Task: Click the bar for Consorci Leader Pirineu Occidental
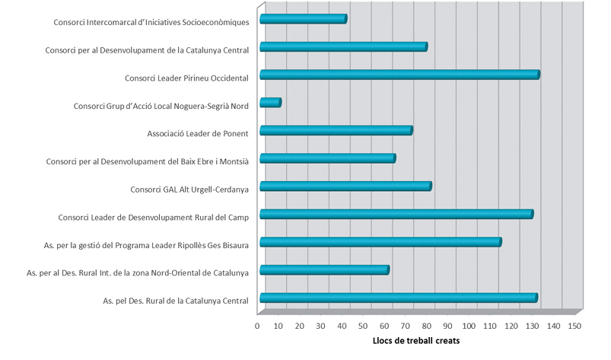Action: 399,75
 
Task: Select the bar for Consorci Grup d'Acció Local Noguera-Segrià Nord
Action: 270,103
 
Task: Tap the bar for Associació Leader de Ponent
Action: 336,131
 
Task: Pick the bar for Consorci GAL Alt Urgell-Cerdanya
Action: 345,186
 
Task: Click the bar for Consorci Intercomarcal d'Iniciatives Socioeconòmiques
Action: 303,19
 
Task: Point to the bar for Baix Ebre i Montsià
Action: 327,158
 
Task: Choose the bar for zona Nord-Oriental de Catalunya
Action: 324,270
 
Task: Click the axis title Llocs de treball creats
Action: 415,340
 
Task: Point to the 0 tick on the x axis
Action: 258,326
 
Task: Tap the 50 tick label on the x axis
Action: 364,326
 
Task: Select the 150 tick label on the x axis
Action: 574,326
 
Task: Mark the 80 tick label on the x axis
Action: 427,326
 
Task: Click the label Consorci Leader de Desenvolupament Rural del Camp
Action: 153,218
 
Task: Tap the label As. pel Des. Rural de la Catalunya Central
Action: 176,301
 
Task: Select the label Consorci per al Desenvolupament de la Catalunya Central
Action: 147,50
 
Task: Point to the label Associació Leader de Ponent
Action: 198,134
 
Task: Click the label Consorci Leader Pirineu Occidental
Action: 186,78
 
